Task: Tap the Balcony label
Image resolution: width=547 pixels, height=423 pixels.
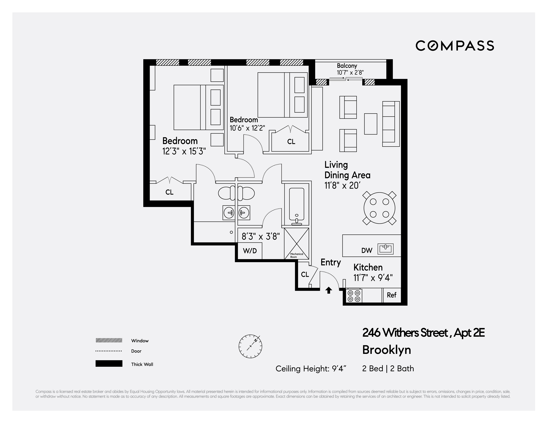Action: tap(347, 66)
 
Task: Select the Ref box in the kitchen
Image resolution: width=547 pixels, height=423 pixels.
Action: tap(391, 295)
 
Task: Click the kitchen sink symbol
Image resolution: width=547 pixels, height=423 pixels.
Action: tap(386, 249)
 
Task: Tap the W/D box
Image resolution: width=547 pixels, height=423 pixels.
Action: tap(250, 251)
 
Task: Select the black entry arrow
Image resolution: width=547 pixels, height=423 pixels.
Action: tap(329, 290)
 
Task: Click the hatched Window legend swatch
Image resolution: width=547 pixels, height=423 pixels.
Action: tap(109, 340)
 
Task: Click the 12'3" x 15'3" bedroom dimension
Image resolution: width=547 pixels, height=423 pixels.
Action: tap(184, 151)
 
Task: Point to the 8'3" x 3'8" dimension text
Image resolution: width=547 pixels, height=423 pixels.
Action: tap(260, 236)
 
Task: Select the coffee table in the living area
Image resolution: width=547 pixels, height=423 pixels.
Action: tap(370, 124)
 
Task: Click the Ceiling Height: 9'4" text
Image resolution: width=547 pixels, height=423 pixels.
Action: tap(311, 369)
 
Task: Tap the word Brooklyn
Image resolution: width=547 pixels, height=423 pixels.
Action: tap(386, 350)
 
